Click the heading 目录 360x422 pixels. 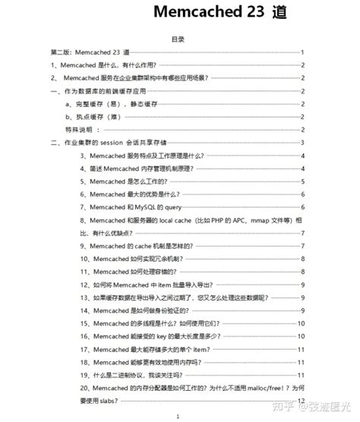pos(178,38)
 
